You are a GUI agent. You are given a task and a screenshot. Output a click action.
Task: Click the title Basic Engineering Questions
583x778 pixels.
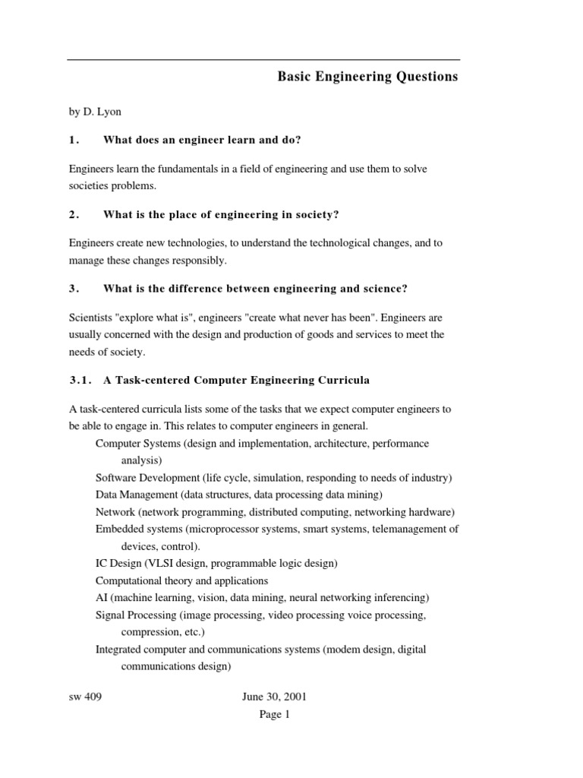coord(367,77)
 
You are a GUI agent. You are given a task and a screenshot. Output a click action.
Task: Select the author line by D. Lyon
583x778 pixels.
coord(95,111)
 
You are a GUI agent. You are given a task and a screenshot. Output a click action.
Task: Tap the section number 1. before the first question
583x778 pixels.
coord(74,140)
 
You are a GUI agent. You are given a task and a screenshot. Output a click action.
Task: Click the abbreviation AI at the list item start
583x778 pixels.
coord(102,597)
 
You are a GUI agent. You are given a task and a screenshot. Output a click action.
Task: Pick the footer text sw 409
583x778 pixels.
coord(84,697)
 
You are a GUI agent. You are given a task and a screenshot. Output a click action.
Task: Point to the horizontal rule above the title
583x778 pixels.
coord(263,59)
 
